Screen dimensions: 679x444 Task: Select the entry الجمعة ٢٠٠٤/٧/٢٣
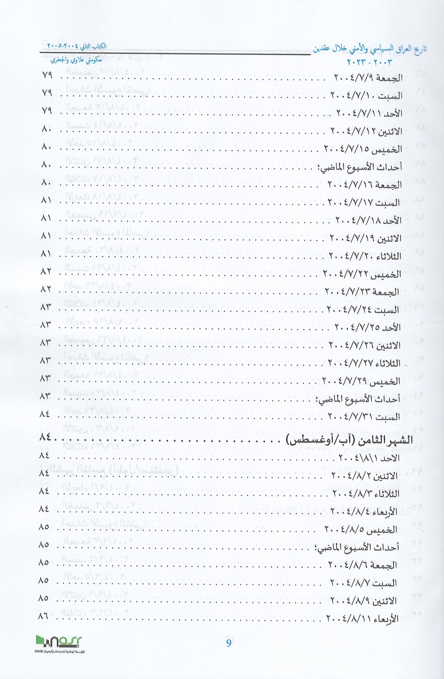click(x=362, y=292)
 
